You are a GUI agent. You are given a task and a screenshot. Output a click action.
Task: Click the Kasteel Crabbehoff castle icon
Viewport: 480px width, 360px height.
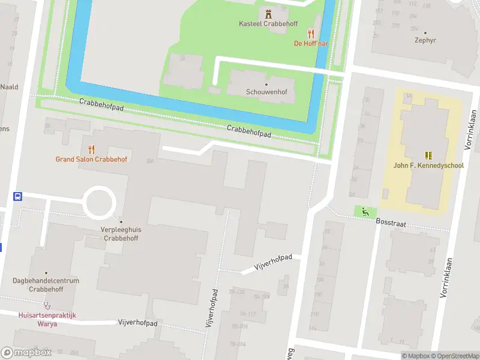(268, 13)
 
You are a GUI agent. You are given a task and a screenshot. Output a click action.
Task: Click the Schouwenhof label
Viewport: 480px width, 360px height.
(266, 92)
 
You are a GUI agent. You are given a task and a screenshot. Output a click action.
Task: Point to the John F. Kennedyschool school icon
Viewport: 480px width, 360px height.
(428, 155)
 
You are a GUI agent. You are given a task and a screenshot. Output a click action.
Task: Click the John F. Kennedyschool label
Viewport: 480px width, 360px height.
(428, 166)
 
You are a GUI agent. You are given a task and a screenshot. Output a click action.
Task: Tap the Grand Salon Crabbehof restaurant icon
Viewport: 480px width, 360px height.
(91, 149)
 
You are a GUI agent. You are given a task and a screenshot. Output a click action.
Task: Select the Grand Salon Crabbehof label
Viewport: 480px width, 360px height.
(91, 160)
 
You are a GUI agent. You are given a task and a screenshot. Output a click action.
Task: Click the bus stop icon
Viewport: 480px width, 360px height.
(17, 196)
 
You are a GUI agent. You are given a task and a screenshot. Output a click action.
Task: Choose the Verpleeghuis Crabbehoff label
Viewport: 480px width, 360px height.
(121, 233)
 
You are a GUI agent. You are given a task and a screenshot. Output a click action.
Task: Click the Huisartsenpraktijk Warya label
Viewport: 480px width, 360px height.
(47, 319)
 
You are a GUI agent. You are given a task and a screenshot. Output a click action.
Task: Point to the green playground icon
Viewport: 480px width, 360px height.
(364, 211)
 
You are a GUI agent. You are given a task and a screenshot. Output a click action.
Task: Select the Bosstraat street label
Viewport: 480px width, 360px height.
(390, 222)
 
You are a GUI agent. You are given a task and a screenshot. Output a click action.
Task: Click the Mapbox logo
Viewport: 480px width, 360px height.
(26, 353)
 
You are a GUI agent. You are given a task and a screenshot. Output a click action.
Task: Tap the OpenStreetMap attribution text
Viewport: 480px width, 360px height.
(454, 356)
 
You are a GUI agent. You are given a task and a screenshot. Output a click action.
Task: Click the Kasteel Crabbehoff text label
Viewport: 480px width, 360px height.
(268, 24)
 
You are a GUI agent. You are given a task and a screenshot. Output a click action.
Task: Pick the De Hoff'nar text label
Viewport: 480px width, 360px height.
(311, 43)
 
